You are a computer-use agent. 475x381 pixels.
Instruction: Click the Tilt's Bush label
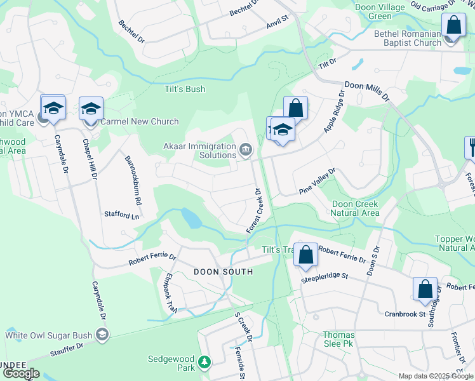[185, 90]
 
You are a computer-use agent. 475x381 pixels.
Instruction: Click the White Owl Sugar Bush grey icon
[101, 335]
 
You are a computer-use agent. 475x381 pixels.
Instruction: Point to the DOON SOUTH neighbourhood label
[223, 272]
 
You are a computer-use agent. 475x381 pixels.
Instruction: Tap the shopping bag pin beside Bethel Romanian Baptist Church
[453, 27]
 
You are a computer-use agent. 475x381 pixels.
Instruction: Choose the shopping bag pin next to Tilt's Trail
[305, 255]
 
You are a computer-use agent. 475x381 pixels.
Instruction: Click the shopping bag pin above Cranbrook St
[425, 289]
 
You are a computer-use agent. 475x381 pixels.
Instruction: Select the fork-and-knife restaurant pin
[471, 147]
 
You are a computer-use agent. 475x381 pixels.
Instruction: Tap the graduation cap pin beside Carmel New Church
[91, 109]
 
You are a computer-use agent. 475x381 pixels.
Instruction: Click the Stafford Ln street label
[121, 215]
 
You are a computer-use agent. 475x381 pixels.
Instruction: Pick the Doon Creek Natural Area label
[356, 208]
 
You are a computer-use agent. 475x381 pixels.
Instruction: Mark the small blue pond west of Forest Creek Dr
[191, 218]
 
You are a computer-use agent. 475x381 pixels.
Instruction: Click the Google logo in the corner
[21, 373]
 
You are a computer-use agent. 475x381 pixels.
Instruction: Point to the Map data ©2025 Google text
[435, 376]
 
